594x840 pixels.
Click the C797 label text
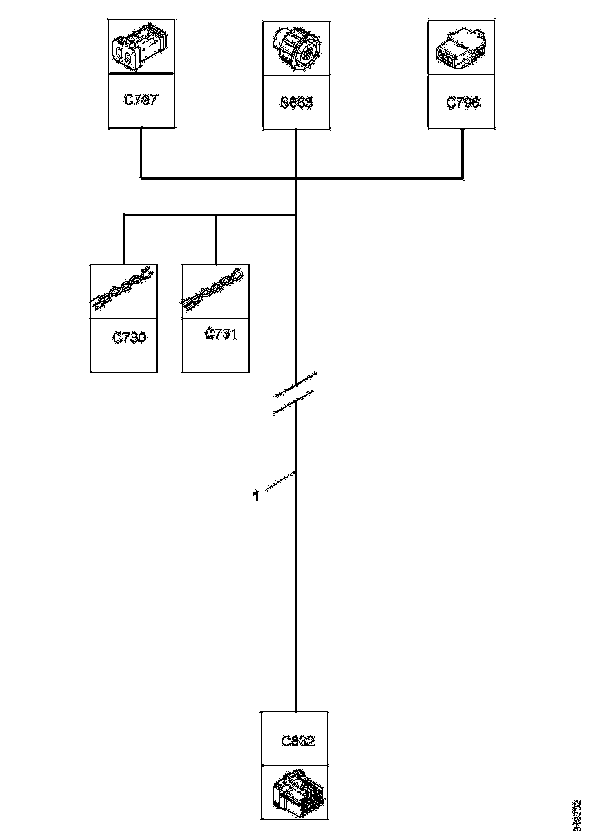coord(141,99)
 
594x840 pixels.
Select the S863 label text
coord(296,103)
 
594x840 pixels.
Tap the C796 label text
coord(463,103)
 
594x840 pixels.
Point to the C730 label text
coord(129,337)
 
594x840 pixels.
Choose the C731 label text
coord(221,334)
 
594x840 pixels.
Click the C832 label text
coord(298,741)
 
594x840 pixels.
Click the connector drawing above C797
coord(141,47)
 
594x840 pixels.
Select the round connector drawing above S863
coord(296,49)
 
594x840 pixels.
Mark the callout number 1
coord(256,496)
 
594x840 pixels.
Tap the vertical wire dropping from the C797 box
coord(141,152)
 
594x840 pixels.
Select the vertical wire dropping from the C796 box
coord(462,153)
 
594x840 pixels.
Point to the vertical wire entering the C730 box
coord(124,240)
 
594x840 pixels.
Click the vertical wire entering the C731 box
coord(216,240)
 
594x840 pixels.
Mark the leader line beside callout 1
coord(280,480)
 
